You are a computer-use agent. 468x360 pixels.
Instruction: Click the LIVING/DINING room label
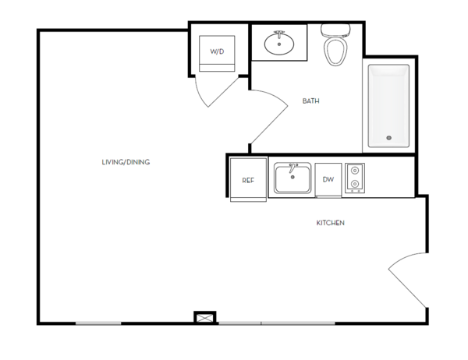click(126, 162)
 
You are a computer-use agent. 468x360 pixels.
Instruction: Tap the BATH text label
click(310, 101)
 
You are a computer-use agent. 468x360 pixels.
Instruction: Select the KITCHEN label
click(331, 223)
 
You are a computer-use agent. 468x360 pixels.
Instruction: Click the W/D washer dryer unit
click(217, 54)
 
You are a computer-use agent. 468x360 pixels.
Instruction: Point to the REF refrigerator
click(248, 179)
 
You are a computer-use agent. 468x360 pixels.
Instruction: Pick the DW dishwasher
click(328, 180)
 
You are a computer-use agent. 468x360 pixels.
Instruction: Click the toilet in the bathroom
click(335, 44)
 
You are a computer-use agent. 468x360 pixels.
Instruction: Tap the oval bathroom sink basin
click(279, 44)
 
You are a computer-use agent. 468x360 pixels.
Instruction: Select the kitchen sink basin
click(292, 179)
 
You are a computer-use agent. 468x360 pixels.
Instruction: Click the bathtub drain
click(388, 138)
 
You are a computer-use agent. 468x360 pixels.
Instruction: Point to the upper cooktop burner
click(355, 171)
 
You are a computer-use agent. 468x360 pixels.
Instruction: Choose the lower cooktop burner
click(355, 183)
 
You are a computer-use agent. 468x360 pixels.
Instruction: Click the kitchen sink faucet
click(292, 168)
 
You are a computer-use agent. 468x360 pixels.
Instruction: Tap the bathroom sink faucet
click(279, 34)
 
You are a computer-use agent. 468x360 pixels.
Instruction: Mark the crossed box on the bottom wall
click(205, 318)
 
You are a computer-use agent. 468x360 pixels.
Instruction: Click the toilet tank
click(335, 30)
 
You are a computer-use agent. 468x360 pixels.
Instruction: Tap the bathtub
click(388, 106)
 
